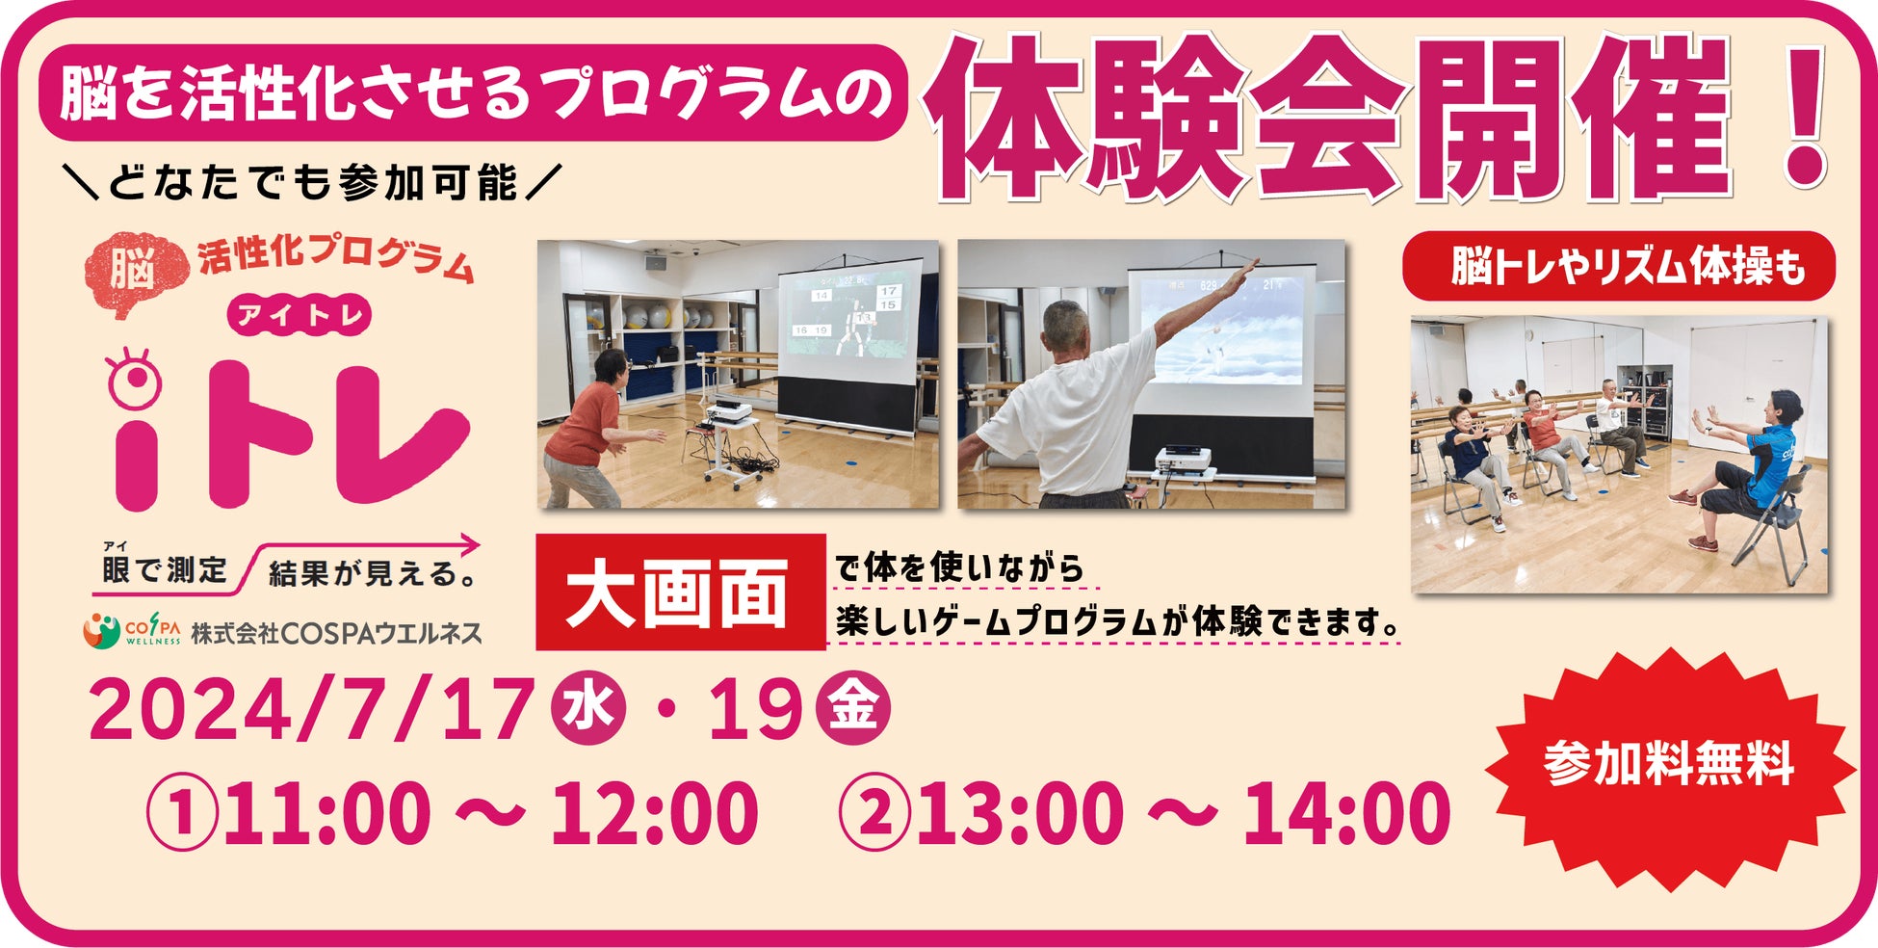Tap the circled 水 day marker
coord(588,708)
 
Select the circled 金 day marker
coord(853,708)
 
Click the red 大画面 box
coord(681,592)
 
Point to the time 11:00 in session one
coord(326,812)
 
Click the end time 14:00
coord(1347,812)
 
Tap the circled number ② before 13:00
coord(874,812)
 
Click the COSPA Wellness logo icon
coord(101,630)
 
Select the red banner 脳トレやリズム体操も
coord(1619,266)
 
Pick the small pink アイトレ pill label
coord(300,315)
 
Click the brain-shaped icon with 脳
coord(135,267)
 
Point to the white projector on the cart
coord(727,412)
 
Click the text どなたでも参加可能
coord(312,183)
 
